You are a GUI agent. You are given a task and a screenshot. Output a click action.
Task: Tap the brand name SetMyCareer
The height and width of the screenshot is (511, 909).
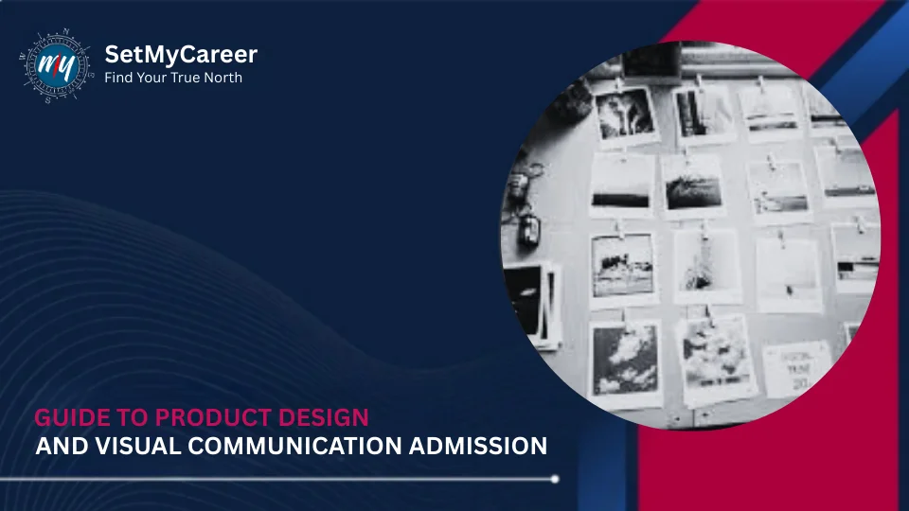click(x=180, y=55)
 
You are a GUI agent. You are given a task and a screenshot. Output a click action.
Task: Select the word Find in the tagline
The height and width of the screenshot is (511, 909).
click(x=119, y=78)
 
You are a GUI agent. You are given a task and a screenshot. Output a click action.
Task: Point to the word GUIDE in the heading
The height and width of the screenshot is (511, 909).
click(x=65, y=417)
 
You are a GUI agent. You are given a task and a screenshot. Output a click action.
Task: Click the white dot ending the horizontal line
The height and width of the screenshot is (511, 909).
click(x=555, y=479)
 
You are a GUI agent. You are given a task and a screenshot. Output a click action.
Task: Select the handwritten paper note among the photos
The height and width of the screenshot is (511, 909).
click(x=795, y=367)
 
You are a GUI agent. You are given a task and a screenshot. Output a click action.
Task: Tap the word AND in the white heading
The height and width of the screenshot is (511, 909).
click(x=56, y=446)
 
